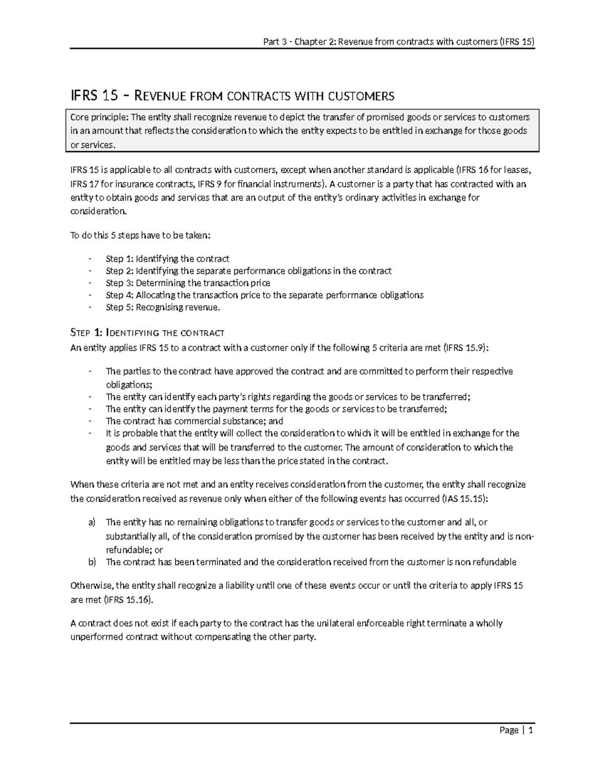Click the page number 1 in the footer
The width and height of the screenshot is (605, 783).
click(531, 730)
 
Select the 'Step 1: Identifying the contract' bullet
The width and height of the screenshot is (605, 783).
click(167, 259)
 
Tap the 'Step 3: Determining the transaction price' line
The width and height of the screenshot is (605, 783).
click(188, 283)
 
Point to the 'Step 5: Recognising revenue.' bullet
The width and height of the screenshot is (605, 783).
click(163, 307)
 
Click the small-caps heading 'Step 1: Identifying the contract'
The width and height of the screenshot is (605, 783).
click(147, 333)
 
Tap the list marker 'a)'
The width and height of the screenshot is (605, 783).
click(92, 522)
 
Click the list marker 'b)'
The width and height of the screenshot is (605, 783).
click(92, 562)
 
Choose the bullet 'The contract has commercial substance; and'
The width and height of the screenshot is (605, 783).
click(194, 421)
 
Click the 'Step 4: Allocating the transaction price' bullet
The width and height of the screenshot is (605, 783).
click(264, 295)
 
